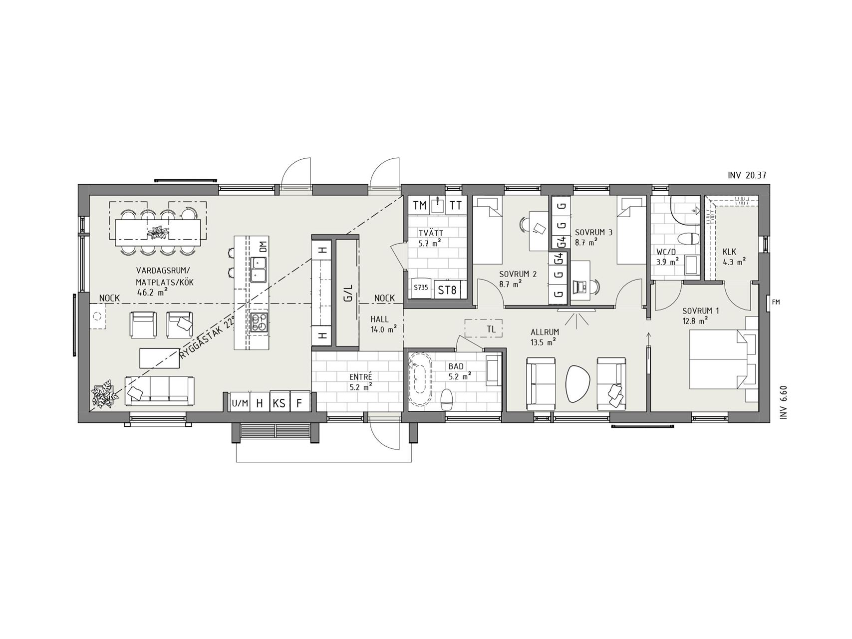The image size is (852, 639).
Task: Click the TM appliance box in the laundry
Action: [x=420, y=205]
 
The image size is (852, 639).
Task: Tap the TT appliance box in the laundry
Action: [x=455, y=205]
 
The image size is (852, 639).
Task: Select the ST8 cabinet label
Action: [x=447, y=290]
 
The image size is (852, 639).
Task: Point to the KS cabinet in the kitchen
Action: [x=279, y=403]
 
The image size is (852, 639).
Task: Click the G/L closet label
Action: [x=348, y=293]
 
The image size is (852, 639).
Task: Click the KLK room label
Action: [x=729, y=252]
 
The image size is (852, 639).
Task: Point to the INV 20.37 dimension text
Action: [x=746, y=175]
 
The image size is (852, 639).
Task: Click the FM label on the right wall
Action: [x=776, y=302]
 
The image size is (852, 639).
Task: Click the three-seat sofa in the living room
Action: [x=160, y=391]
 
